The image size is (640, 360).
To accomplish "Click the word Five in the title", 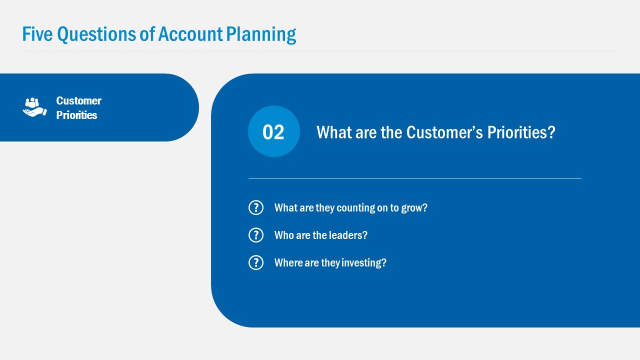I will point(37,34).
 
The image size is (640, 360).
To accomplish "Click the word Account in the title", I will point(190,34).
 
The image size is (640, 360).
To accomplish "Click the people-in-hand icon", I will point(34,107).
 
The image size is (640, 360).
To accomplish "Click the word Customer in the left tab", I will point(78,100).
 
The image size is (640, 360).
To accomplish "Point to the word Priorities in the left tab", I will point(76,115).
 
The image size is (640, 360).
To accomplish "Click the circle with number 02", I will point(273,131).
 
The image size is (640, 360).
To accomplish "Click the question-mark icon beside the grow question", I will point(256,207).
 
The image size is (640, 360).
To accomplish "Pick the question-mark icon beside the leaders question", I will point(256,235).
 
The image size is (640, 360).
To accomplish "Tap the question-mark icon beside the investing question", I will point(256,262).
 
